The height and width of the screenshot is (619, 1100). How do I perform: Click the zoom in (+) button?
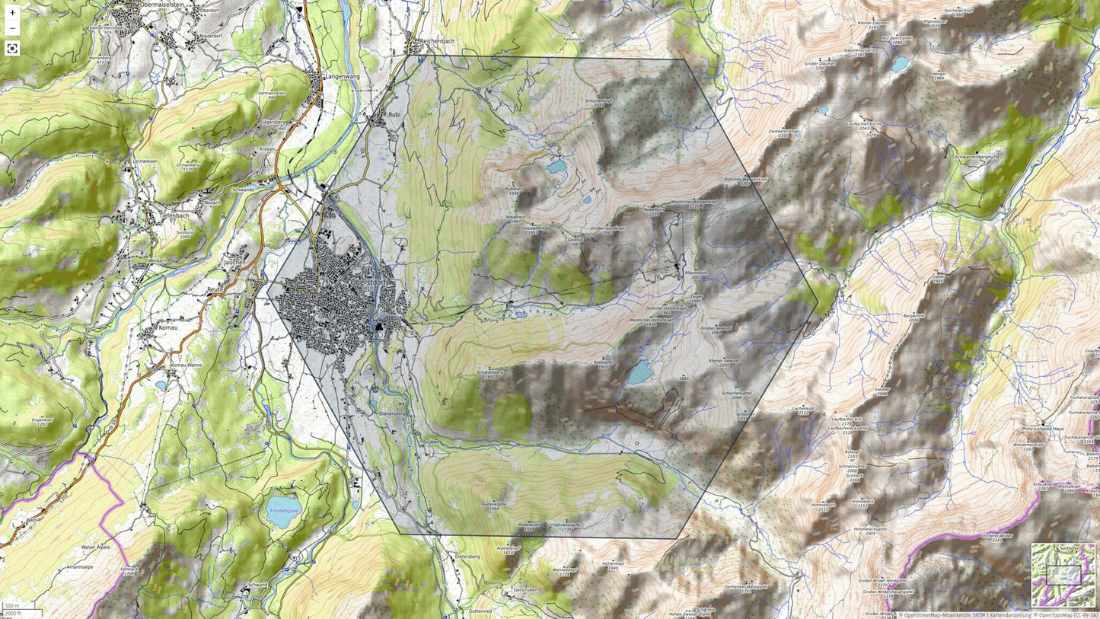[12, 13]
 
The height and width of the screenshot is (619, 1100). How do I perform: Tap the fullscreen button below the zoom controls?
[12, 49]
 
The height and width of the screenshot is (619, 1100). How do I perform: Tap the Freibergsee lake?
[282, 512]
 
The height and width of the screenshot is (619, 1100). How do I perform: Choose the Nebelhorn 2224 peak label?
[655, 211]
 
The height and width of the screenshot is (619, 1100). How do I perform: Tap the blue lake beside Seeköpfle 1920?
[639, 372]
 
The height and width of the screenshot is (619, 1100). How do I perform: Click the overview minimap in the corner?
[1063, 574]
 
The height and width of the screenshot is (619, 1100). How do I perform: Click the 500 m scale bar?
[12, 606]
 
